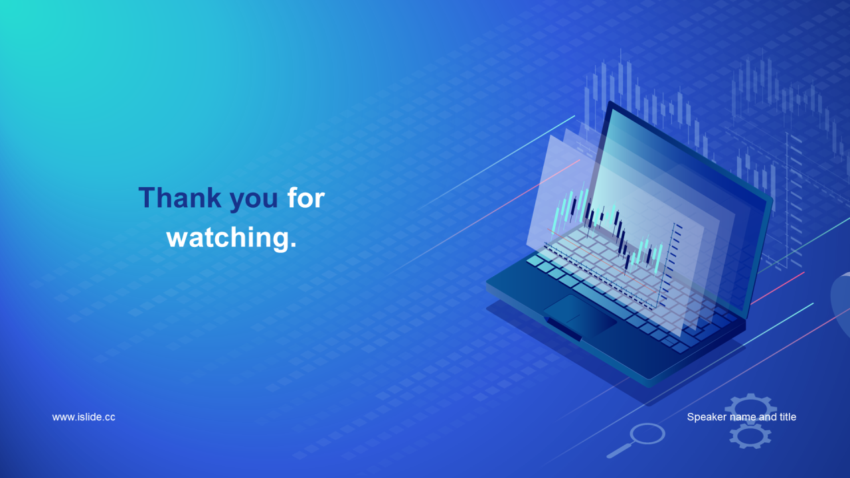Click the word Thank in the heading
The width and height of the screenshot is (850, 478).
click(x=180, y=198)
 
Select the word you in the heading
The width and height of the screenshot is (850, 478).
click(x=254, y=200)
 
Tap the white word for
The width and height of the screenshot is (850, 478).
click(x=306, y=198)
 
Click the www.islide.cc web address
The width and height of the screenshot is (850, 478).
click(x=84, y=417)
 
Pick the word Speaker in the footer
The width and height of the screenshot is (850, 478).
click(x=701, y=418)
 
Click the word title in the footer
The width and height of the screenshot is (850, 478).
click(x=788, y=417)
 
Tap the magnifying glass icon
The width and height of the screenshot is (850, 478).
click(x=636, y=440)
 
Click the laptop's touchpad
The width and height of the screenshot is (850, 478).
click(x=580, y=315)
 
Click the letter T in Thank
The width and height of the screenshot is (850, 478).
click(x=147, y=198)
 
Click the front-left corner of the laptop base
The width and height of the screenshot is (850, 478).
click(x=487, y=283)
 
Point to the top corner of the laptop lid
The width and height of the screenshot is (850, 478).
click(x=610, y=102)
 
